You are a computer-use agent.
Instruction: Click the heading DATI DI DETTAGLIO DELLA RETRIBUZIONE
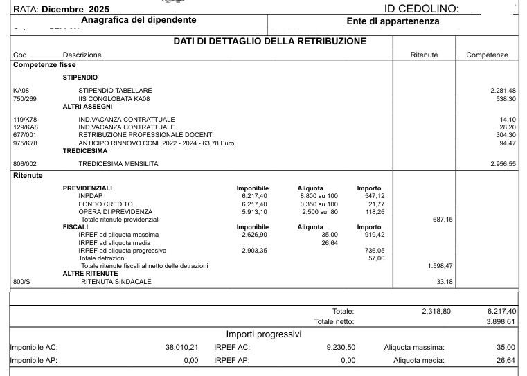[269, 42]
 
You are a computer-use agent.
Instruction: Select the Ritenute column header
[423, 55]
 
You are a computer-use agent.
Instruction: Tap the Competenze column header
[487, 55]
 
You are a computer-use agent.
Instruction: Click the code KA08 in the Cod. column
[21, 91]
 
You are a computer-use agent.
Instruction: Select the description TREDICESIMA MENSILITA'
[120, 163]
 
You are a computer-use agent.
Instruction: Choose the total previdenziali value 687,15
[441, 220]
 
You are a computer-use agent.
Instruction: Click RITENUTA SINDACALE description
[116, 282]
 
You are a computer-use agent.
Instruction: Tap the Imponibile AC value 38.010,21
[181, 347]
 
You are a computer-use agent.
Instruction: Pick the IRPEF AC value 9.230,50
[341, 347]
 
